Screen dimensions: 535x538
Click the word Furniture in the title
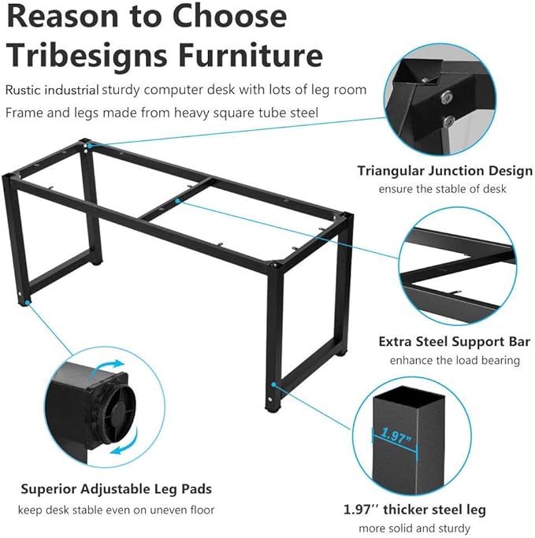point(251,54)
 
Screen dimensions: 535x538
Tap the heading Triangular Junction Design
point(444,171)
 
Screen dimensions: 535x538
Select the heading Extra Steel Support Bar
point(455,342)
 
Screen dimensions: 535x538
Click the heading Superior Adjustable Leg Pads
point(117,489)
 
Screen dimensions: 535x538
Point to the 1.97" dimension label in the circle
point(396,436)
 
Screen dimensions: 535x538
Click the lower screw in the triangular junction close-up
point(448,121)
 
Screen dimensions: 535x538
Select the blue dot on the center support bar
point(177,200)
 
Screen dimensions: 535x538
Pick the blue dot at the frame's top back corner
point(90,146)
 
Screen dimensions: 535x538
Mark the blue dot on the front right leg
point(273,384)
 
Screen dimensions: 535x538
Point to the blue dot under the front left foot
point(27,302)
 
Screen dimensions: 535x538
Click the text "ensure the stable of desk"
point(442,189)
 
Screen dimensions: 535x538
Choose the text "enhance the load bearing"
point(455,360)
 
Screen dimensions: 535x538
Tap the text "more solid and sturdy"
point(414,528)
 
